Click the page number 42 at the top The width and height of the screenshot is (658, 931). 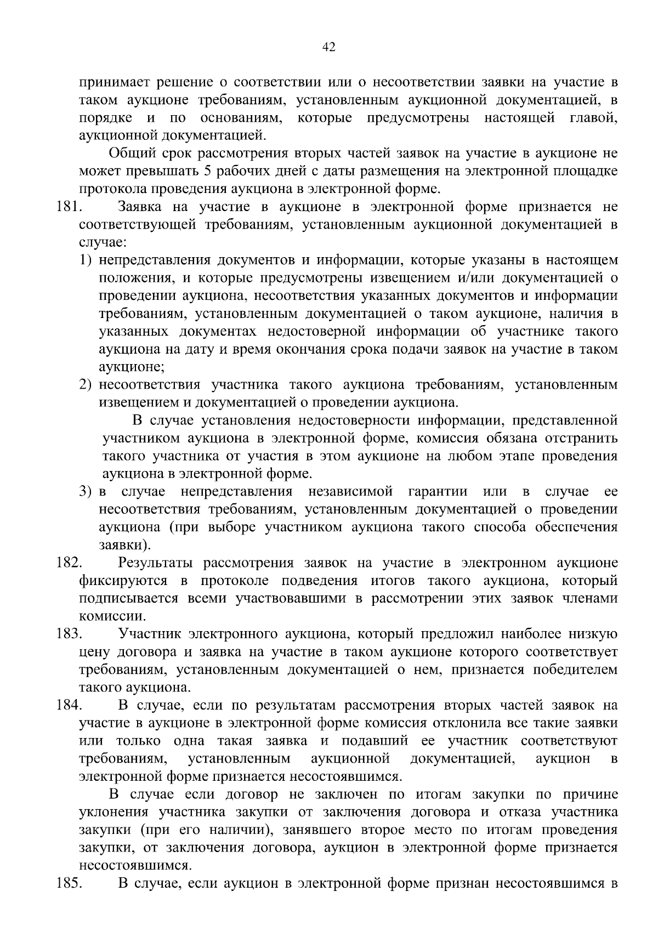click(328, 47)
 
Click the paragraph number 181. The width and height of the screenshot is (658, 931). click(69, 207)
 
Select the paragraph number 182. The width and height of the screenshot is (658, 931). click(69, 563)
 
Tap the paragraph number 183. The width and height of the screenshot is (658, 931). click(69, 634)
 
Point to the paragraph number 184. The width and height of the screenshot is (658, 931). click(69, 706)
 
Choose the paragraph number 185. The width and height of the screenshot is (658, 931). click(69, 883)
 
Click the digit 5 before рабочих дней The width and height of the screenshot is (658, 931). click(208, 171)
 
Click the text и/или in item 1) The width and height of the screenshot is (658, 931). click(479, 278)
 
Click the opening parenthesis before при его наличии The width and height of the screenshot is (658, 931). click(144, 830)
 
